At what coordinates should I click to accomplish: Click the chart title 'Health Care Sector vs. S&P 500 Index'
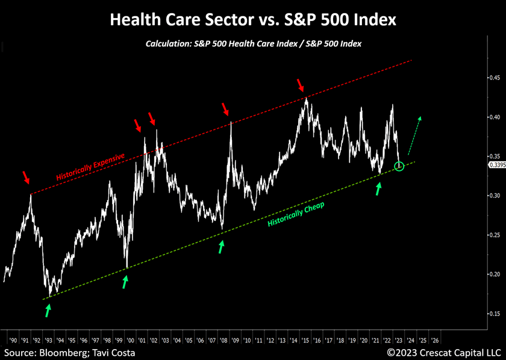(x=253, y=19)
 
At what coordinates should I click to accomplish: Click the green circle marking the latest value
(x=399, y=166)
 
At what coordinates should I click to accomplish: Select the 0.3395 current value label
(x=496, y=165)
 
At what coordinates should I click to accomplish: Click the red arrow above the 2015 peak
(x=300, y=85)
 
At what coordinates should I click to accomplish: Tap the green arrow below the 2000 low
(x=125, y=282)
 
